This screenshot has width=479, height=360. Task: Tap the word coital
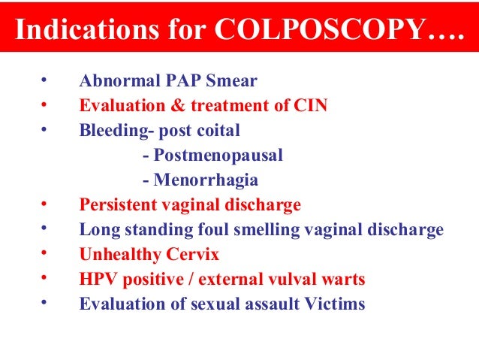click(x=215, y=131)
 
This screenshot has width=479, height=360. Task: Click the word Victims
click(x=337, y=304)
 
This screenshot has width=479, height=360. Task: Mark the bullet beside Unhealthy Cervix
click(x=44, y=253)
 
